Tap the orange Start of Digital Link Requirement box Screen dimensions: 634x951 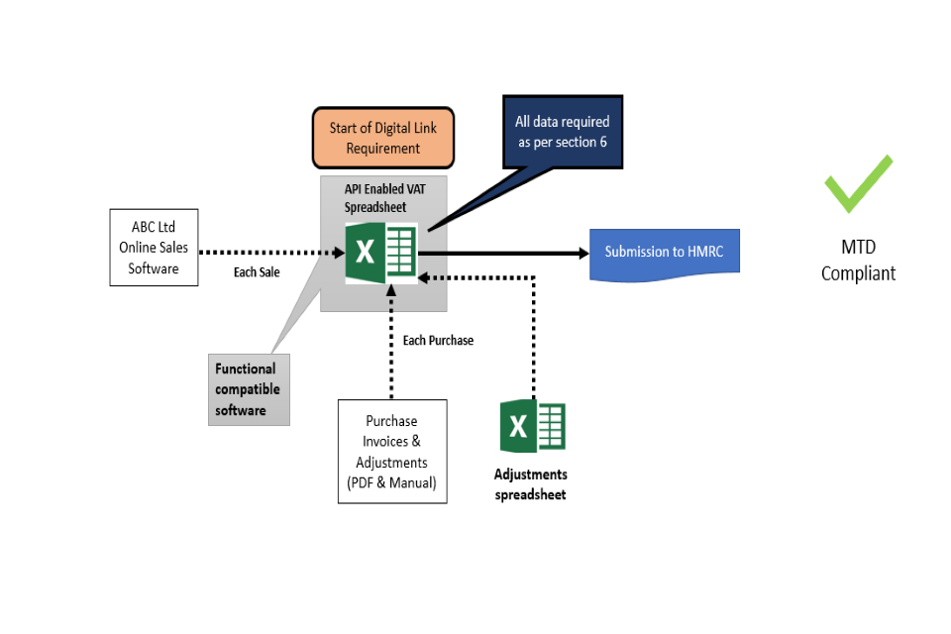click(383, 138)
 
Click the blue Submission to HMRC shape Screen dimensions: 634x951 click(665, 252)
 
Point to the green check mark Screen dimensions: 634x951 click(858, 183)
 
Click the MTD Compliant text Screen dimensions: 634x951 click(858, 260)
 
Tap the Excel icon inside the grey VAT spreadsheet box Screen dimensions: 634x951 click(381, 254)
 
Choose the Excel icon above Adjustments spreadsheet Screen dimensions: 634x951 click(532, 427)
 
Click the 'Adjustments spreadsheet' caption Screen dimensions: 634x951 click(531, 484)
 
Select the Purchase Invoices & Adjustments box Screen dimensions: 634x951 click(392, 452)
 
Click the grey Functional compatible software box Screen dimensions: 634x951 click(249, 389)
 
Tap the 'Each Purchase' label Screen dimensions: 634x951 click(438, 340)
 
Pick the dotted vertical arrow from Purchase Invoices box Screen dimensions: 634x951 click(392, 342)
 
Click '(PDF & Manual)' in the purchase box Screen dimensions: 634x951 click(392, 483)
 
